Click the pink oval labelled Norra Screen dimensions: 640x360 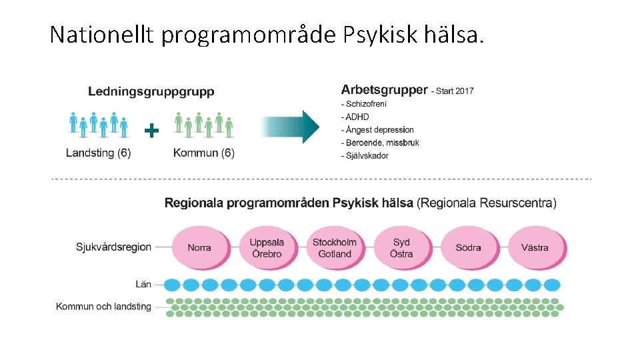tap(199, 247)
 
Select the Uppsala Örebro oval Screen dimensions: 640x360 tap(267, 247)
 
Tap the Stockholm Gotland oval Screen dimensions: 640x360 tap(334, 247)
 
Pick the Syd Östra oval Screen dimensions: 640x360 tap(401, 247)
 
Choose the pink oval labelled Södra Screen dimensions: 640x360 tap(468, 247)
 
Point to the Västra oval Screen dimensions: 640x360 tap(535, 247)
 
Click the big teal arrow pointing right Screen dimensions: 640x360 tap(293, 127)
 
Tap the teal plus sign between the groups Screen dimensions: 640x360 tap(152, 130)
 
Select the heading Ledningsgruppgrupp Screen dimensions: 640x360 tap(151, 92)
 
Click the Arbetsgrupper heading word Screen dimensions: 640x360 tap(384, 90)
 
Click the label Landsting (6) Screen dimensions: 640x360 tap(99, 153)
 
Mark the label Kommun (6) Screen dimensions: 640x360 tap(204, 153)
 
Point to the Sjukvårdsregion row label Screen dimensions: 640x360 tap(113, 247)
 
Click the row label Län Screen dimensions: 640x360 tap(143, 285)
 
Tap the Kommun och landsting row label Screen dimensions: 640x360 tap(103, 307)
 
